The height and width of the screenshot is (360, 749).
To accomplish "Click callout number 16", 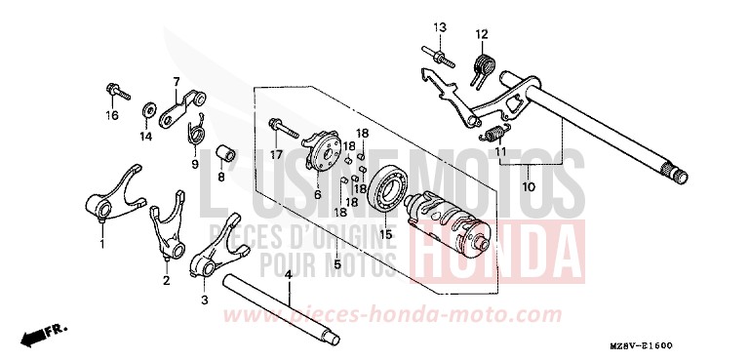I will coord(112,116).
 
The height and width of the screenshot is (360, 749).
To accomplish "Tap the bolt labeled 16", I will coord(113,94).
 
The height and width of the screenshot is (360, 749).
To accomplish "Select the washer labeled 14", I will coord(151,108).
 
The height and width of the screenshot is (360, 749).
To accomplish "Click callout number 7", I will coord(177,81).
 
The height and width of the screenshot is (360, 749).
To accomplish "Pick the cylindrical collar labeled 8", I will coord(223,155).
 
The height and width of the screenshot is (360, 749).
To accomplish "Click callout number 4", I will coord(289,276).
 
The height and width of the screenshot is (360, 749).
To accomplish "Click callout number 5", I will coord(337,263).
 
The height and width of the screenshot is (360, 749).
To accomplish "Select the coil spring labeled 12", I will coord(481,67).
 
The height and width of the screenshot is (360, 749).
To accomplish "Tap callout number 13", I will coord(439,26).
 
